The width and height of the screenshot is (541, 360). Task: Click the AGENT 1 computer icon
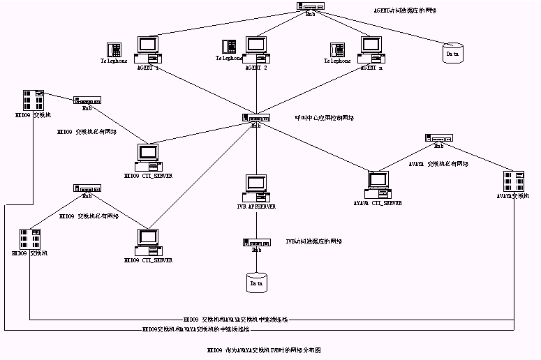(x=149, y=50)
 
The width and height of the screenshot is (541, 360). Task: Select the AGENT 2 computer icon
(x=256, y=50)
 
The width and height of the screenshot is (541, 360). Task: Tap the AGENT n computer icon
(x=371, y=50)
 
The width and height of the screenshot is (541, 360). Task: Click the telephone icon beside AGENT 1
(x=114, y=50)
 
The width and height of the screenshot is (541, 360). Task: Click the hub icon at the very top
(x=310, y=6)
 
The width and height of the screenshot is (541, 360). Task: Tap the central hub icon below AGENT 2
(x=256, y=118)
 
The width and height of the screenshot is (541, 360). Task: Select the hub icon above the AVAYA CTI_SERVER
(x=438, y=138)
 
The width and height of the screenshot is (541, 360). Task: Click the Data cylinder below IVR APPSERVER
(x=256, y=282)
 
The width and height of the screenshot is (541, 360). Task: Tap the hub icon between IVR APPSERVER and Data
(x=256, y=242)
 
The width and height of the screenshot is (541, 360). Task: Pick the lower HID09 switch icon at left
(x=29, y=238)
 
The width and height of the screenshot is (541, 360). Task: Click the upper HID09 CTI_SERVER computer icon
(x=148, y=156)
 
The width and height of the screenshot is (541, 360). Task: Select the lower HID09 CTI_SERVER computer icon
(x=147, y=241)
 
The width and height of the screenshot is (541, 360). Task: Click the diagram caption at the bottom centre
(x=267, y=349)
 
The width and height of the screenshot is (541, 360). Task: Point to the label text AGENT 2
(x=256, y=68)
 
